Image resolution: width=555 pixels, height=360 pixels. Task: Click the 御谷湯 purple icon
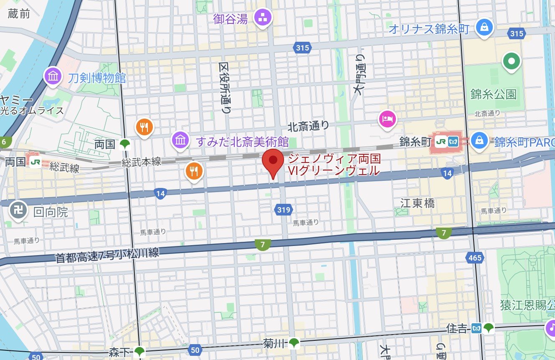point(264,18)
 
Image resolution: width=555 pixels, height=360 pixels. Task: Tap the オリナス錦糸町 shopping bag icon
point(484,28)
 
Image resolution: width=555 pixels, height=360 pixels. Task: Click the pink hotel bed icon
point(387,119)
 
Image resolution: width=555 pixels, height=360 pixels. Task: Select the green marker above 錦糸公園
point(511,62)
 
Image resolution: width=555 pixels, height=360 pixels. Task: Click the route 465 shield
point(475,258)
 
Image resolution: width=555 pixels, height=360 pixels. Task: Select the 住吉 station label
point(458,328)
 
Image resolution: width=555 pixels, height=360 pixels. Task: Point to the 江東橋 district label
point(418,203)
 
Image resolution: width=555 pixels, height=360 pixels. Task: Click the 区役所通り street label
point(225,88)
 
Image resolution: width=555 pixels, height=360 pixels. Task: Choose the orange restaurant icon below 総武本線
point(193,170)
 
